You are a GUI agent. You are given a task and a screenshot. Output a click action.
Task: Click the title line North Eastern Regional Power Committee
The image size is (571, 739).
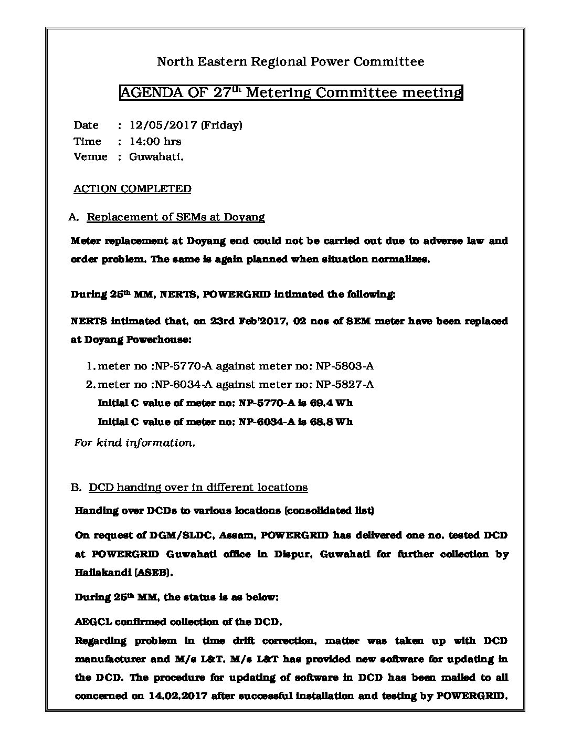[x=291, y=62]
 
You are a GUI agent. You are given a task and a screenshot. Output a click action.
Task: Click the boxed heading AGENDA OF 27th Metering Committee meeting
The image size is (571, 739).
[x=291, y=93]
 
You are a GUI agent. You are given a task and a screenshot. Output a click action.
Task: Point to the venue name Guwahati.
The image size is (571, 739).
[x=156, y=156]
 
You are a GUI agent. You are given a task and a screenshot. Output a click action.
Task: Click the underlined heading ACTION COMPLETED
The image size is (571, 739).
[x=132, y=188]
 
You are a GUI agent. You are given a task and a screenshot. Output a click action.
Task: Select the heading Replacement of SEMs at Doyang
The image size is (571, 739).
[x=175, y=217]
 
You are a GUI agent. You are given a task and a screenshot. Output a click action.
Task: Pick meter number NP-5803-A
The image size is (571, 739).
[x=344, y=366]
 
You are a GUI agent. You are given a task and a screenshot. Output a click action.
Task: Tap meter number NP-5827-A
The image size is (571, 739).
[x=344, y=384]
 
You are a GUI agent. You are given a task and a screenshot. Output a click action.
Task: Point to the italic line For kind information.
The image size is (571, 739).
[x=134, y=442]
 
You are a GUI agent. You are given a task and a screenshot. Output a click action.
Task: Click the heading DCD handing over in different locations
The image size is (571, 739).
[x=198, y=487]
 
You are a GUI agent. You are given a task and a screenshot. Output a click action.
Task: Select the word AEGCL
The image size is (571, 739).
[x=92, y=622]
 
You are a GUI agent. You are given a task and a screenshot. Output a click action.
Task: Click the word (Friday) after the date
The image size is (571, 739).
[x=221, y=125]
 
